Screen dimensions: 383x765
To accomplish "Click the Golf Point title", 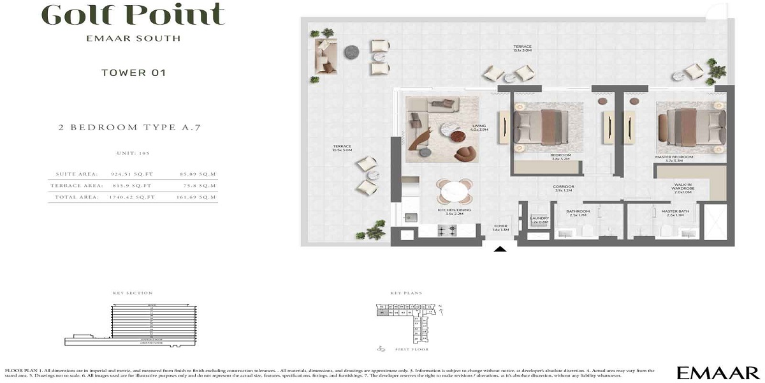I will coord(134,14).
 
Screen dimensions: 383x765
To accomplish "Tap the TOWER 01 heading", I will coord(134,73).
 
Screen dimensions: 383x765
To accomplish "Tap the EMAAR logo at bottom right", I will coord(717,373).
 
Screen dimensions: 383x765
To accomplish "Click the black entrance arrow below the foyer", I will coord(501,250).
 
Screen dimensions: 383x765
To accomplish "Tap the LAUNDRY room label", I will coord(539,220).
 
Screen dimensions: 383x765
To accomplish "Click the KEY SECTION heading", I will coord(133,293).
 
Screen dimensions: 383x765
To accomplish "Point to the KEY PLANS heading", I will coord(406,293).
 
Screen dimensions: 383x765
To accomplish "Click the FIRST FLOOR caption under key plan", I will coord(411,349).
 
